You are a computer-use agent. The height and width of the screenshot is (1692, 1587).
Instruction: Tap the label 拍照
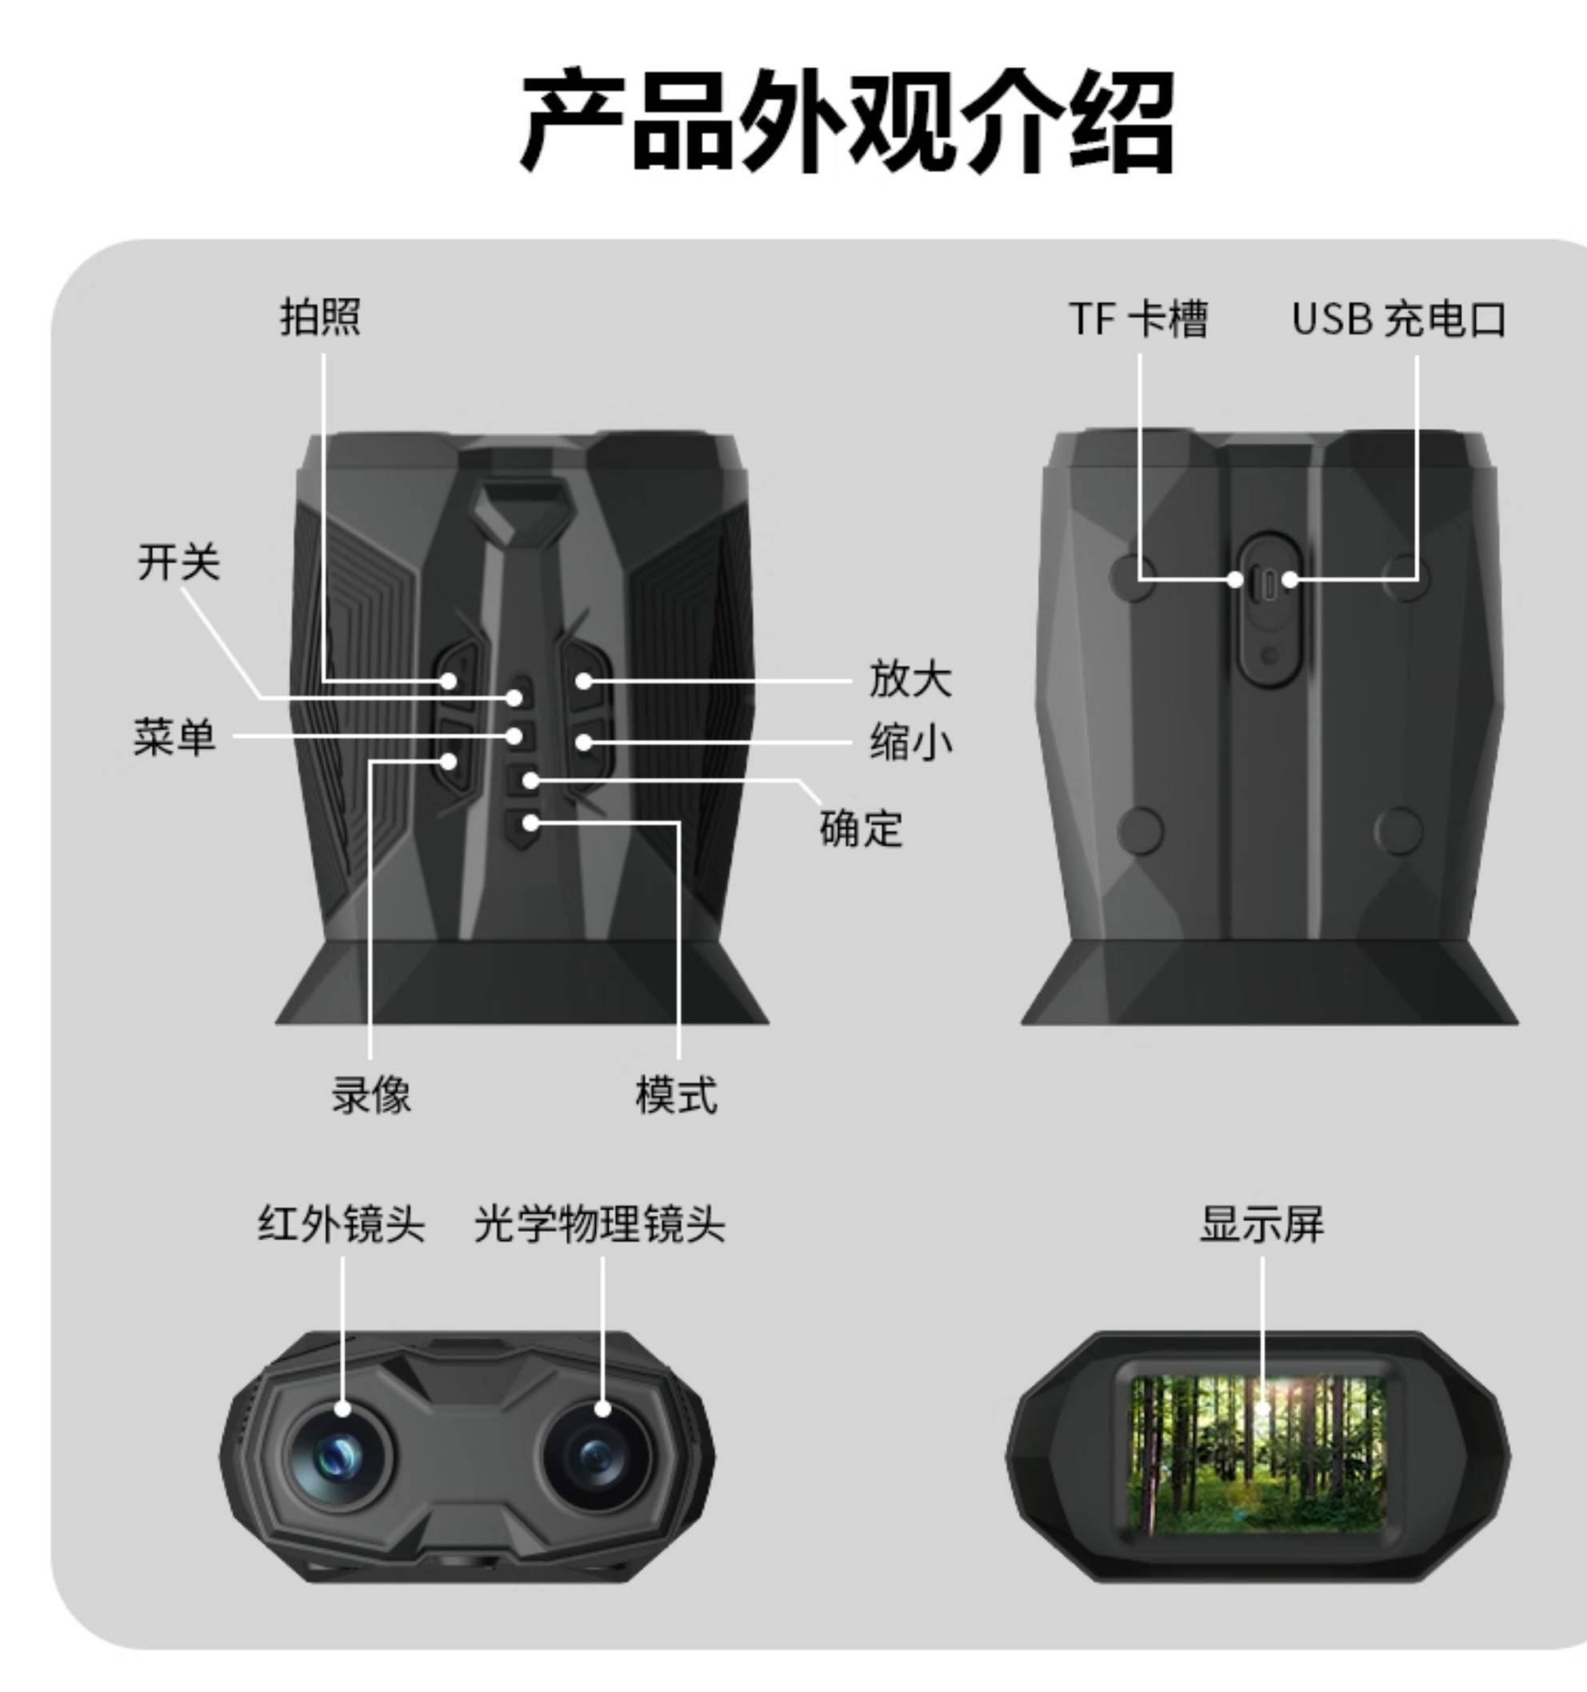[x=321, y=318]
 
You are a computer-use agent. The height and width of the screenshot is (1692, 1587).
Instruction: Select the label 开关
[x=178, y=562]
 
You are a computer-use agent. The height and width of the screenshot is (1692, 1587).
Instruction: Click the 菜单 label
[x=174, y=737]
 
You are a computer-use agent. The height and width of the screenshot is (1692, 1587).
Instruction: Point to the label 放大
[x=910, y=680]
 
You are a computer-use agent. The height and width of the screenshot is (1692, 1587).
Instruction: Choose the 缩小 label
[x=910, y=743]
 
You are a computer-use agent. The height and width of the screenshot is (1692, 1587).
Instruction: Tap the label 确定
[x=861, y=828]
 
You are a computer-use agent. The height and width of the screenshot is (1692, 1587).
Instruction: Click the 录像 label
[x=371, y=1094]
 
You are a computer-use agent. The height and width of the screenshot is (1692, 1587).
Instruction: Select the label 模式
[x=677, y=1094]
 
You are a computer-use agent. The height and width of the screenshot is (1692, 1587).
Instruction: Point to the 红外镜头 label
[x=342, y=1225]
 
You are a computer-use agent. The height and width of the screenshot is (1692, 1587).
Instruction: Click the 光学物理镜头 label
[x=600, y=1225]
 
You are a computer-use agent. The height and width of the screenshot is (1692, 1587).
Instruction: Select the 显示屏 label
[x=1262, y=1225]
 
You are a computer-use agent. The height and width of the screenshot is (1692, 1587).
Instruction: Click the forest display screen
[x=1257, y=1457]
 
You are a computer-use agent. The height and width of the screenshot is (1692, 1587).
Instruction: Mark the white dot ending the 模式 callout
[x=531, y=823]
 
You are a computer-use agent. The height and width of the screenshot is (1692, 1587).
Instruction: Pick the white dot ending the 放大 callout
[x=583, y=681]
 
